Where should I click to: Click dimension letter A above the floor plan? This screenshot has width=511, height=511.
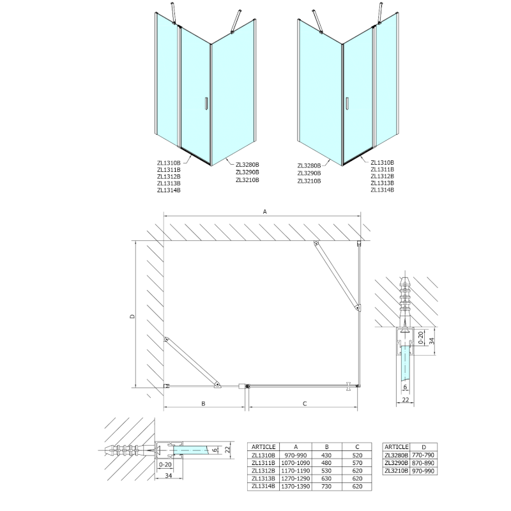tap(263, 213)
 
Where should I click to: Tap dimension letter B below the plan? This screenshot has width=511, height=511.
tap(203, 403)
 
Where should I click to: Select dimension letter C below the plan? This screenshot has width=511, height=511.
tap(305, 403)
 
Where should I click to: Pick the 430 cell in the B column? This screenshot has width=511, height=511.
tap(326, 455)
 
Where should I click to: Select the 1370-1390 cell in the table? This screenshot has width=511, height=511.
tap(296, 487)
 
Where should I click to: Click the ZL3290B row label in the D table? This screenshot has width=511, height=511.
tap(397, 463)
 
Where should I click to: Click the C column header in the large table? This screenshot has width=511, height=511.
tap(356, 446)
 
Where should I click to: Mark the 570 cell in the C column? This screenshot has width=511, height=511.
tap(356, 463)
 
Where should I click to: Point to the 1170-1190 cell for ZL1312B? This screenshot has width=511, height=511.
tap(296, 471)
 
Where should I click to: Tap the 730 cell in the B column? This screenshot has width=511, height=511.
tap(326, 487)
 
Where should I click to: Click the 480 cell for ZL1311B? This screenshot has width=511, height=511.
tap(326, 463)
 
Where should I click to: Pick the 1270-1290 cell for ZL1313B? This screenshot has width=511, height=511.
tap(296, 479)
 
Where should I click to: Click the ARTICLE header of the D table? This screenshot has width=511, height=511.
tap(397, 446)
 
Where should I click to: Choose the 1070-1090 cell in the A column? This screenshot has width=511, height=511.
tap(296, 463)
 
